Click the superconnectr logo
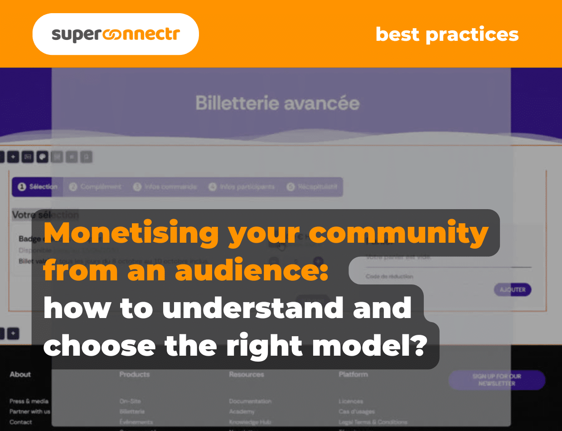coord(116,34)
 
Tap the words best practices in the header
coord(447,34)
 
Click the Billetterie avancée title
coord(277,103)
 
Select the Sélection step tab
coord(38,187)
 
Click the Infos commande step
coord(165,187)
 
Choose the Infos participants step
coord(242,187)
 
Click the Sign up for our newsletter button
coord(496,380)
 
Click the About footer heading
coord(20,374)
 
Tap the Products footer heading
coord(135,374)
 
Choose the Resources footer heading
coord(247,374)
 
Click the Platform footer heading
coord(353,374)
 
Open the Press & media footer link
coord(29,401)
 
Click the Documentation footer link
coord(250,401)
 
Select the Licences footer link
coord(351,401)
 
